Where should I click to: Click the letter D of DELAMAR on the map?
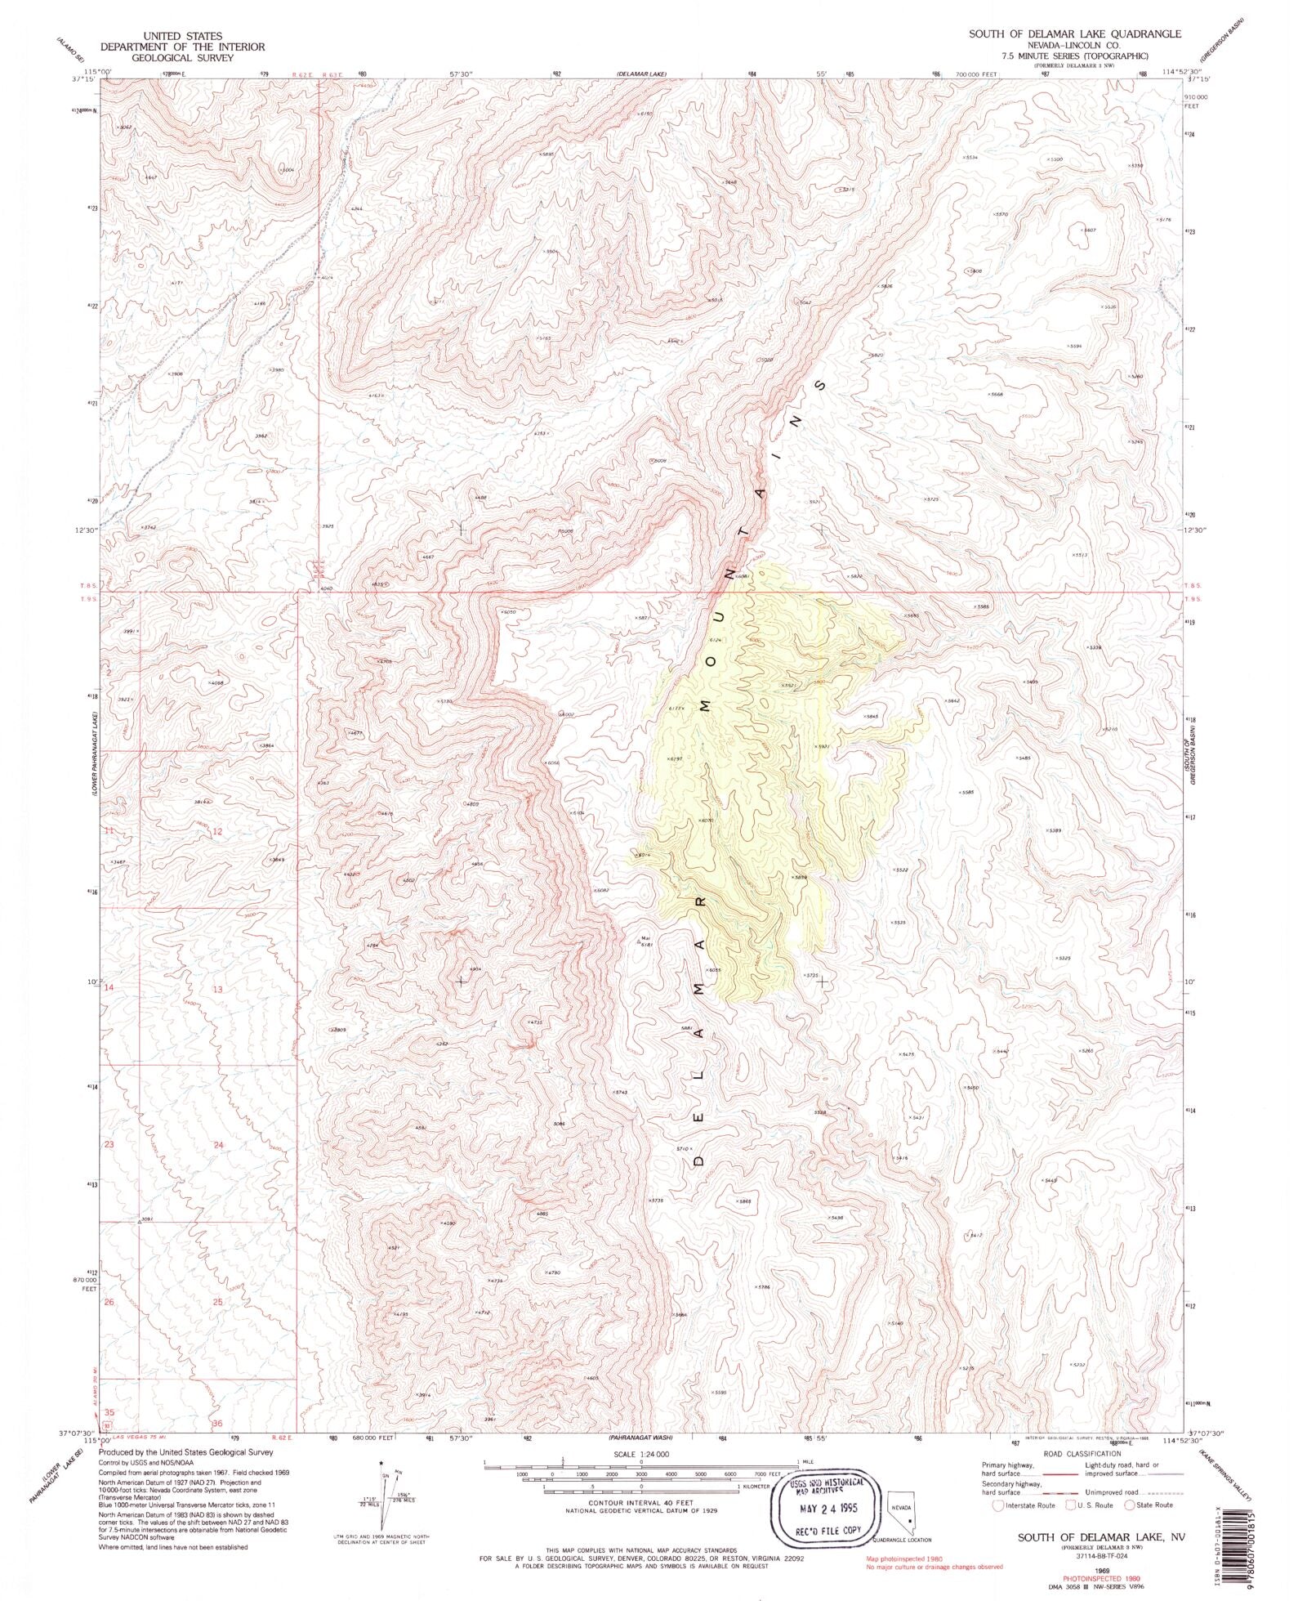(x=698, y=1159)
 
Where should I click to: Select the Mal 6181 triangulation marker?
(x=640, y=941)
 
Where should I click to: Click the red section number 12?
(x=217, y=831)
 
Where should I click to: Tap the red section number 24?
(x=218, y=1145)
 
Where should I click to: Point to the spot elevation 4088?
(x=216, y=682)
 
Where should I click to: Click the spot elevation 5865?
(x=743, y=1201)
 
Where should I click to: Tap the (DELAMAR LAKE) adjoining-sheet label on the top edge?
(x=640, y=74)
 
